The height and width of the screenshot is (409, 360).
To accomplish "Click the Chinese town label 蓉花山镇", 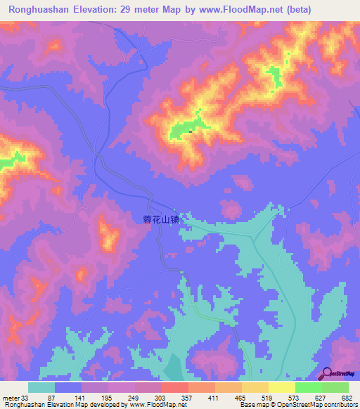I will [x=157, y=219].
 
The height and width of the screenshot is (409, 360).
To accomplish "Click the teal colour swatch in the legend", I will [x=41, y=387].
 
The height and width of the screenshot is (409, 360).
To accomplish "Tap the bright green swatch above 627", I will [x=309, y=387].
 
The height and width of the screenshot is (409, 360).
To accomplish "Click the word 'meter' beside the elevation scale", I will [x=11, y=397].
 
